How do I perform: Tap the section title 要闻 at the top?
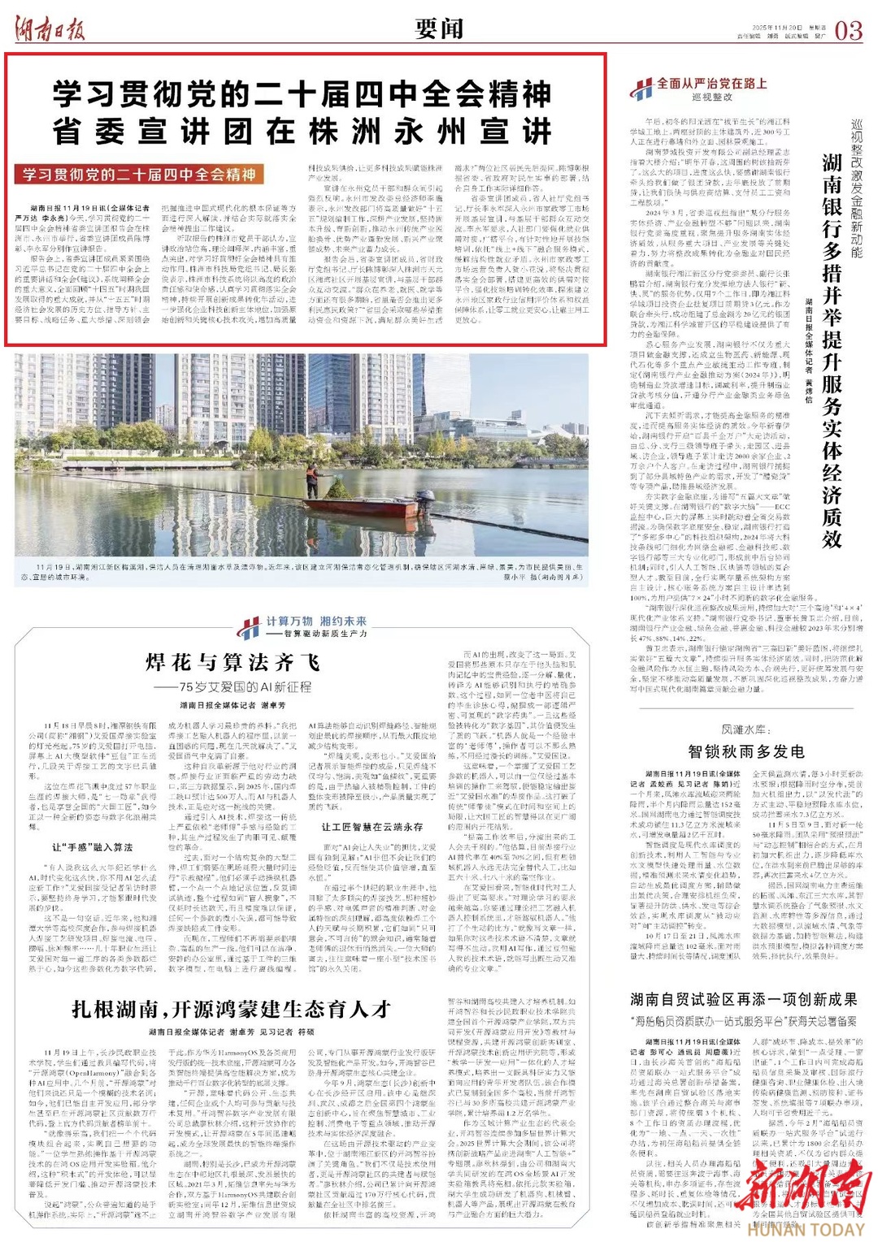(x=439, y=29)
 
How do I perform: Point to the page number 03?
(x=848, y=31)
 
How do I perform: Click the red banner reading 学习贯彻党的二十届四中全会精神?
(x=139, y=175)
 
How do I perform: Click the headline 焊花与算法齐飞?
(x=233, y=662)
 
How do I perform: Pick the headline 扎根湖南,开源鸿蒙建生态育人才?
(x=232, y=1009)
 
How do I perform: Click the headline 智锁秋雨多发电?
(x=745, y=751)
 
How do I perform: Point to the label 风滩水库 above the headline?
(x=744, y=729)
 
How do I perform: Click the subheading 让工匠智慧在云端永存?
(x=372, y=827)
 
